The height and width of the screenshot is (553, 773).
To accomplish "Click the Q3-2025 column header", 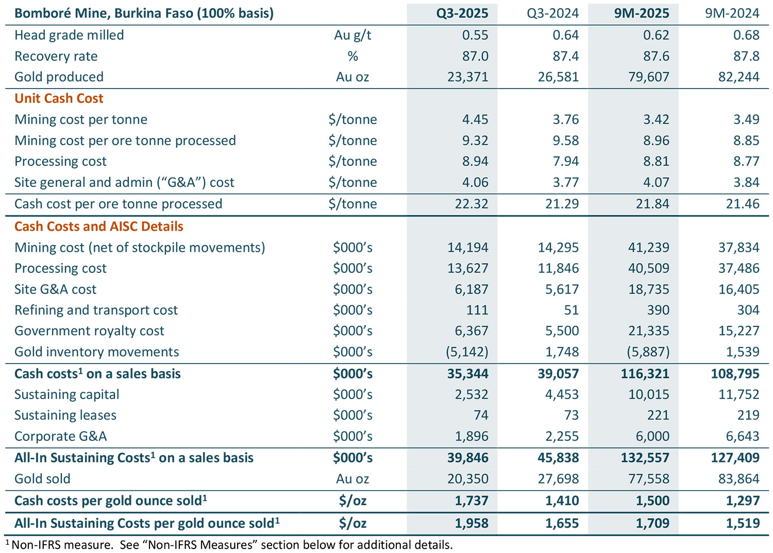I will pos(462,13).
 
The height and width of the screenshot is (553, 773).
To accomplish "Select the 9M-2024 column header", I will pos(732,13).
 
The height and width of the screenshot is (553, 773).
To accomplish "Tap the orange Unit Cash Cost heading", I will pos(59,98).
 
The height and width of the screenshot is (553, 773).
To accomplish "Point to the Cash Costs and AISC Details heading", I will pos(98,227).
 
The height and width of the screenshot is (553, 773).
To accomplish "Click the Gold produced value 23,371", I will pos(467,77).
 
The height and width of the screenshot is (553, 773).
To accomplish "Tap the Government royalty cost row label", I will pos(89,331).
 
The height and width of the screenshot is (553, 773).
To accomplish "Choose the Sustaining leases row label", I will pos(65,416).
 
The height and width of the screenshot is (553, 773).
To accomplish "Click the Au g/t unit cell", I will pos(352,35).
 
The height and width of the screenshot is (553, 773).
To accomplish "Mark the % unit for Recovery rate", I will pos(352,56).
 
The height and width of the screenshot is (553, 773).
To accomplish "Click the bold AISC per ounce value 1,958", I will pos(471,524).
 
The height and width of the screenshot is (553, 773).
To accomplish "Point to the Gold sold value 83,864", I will pos(738,479).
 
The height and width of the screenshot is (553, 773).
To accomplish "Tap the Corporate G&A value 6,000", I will pos(652,437).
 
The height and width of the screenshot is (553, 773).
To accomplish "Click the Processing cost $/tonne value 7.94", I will pos(565,162).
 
